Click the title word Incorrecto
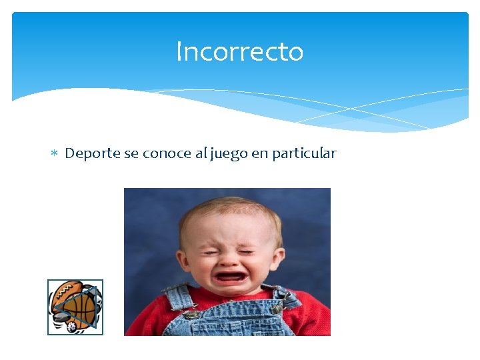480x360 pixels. click(x=239, y=51)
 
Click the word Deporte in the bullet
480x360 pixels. click(x=93, y=153)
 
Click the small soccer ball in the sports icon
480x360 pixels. click(x=71, y=327)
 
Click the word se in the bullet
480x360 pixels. click(x=131, y=153)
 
